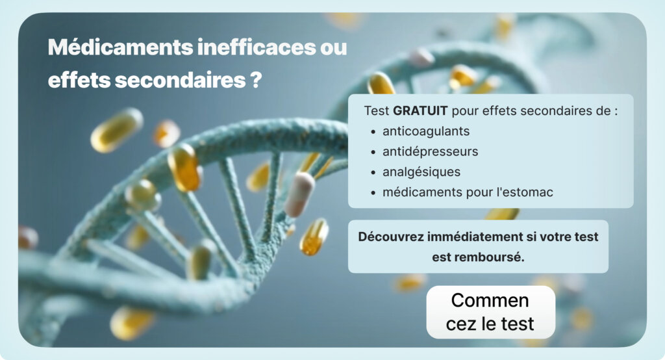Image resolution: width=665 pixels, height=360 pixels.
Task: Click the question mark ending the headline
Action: click(x=256, y=81)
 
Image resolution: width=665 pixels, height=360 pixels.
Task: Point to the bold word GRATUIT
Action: click(x=420, y=110)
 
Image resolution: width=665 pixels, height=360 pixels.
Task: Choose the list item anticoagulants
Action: click(x=425, y=131)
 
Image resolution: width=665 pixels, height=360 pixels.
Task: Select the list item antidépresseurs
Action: click(x=430, y=151)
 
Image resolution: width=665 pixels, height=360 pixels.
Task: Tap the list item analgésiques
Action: click(x=421, y=172)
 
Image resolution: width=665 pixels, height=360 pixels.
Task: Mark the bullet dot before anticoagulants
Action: click(x=373, y=132)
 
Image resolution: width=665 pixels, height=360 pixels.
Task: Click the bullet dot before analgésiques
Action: click(x=373, y=173)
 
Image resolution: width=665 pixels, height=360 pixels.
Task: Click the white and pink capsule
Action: click(x=299, y=194)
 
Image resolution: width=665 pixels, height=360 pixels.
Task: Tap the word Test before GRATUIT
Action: click(x=377, y=110)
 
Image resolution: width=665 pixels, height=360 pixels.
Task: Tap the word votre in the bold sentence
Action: click(x=550, y=237)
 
